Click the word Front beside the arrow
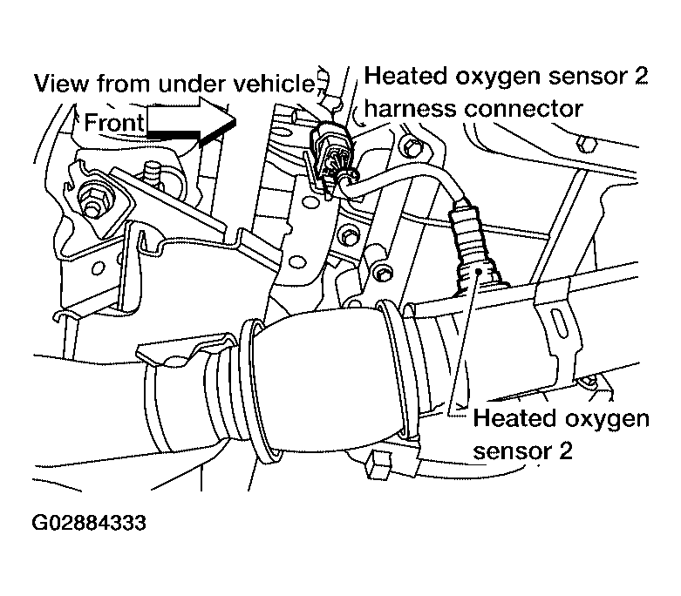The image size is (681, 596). pos(114,123)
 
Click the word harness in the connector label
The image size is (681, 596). pos(405,110)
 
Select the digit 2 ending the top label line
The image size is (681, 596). pos(641,78)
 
